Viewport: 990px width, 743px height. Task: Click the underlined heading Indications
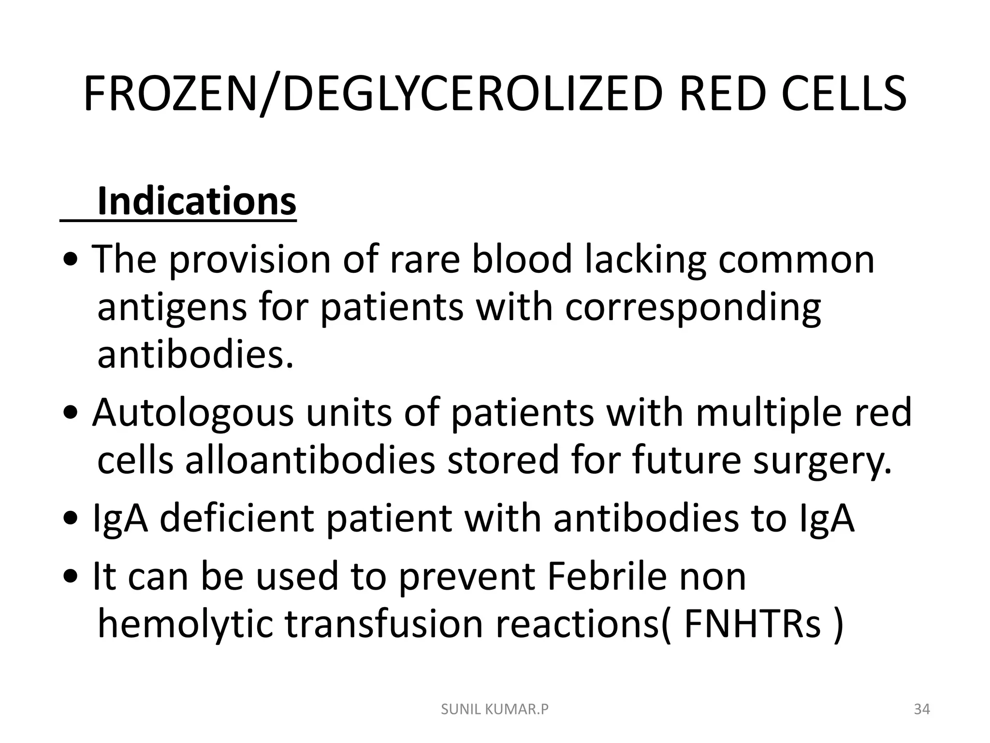click(196, 202)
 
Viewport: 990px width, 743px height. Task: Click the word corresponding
click(692, 309)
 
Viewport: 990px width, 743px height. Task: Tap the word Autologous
click(193, 414)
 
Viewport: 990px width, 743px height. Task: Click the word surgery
click(822, 461)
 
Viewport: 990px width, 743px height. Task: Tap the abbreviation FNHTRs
click(752, 624)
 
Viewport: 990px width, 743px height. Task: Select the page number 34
click(922, 710)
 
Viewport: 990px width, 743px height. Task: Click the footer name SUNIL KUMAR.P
click(495, 710)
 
